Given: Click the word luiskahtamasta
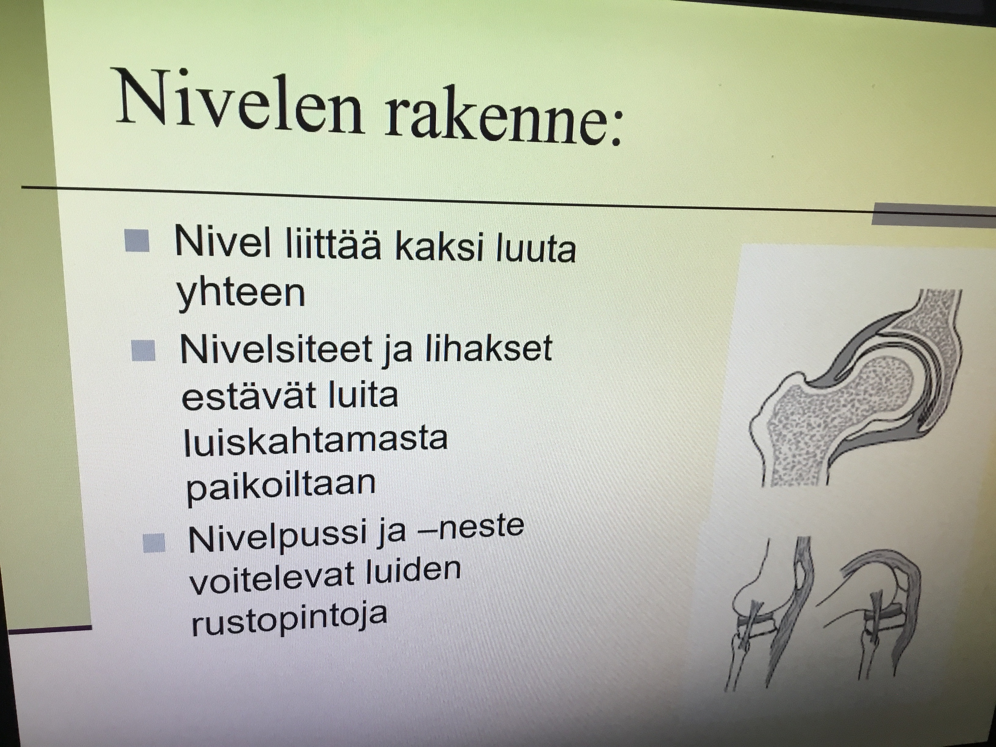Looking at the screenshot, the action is (x=315, y=439).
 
